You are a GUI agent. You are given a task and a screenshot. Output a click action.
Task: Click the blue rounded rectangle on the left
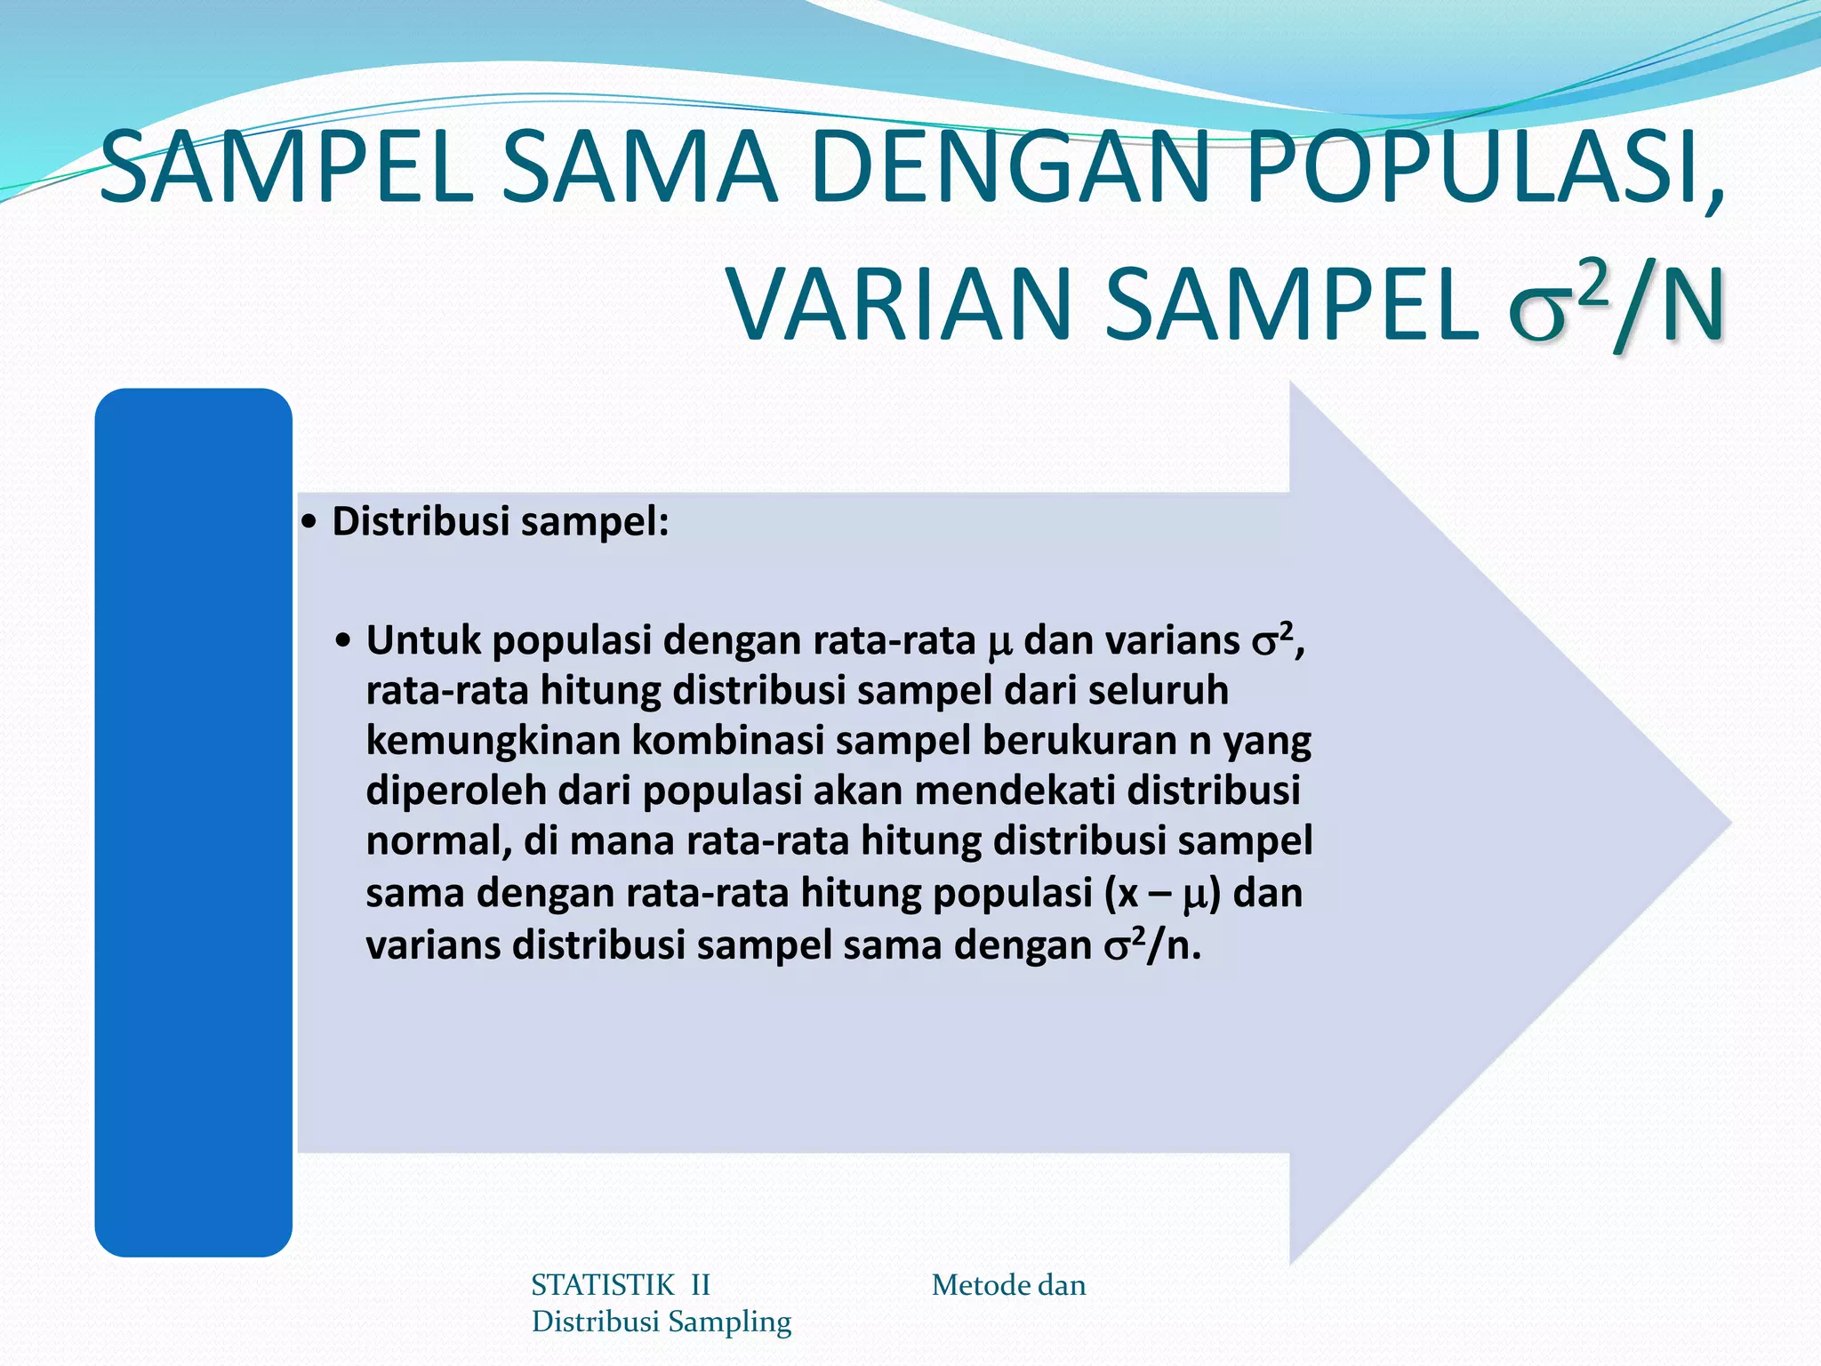194,822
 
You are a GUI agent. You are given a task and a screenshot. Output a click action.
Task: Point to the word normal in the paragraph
437,842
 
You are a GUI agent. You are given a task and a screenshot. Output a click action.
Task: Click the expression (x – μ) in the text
1161,894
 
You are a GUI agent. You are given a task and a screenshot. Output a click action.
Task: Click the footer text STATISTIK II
620,1285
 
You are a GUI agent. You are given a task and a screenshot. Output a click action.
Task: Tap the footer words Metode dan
1008,1285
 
